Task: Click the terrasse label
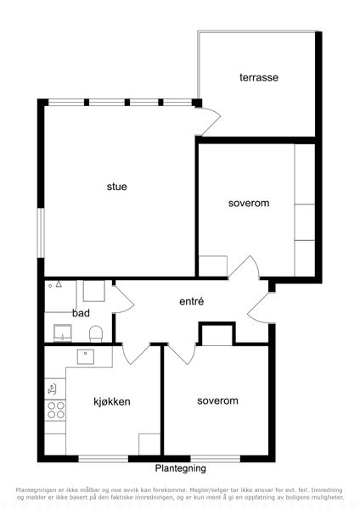[259, 77]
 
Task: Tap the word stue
[116, 187]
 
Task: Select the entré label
[191, 301]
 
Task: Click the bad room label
[81, 313]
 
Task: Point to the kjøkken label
[112, 401]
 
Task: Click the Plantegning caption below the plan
[180, 468]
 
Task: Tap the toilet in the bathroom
[96, 334]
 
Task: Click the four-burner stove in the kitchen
[55, 411]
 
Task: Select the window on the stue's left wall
[41, 232]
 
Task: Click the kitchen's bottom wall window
[104, 459]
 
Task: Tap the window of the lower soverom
[215, 459]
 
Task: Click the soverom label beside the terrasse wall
[249, 204]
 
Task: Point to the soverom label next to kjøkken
[217, 400]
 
